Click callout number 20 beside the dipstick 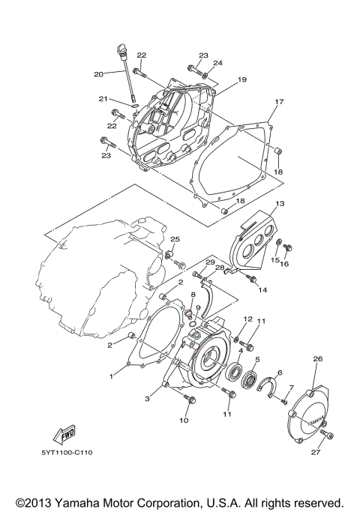pyautogui.click(x=98, y=73)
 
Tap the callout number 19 pyautogui.click(x=221, y=79)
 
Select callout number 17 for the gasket pyautogui.click(x=279, y=102)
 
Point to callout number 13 pyautogui.click(x=279, y=204)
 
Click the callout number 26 pyautogui.click(x=317, y=359)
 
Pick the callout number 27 pyautogui.click(x=316, y=451)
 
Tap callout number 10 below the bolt pyautogui.click(x=184, y=421)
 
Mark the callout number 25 pyautogui.click(x=174, y=239)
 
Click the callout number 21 pyautogui.click(x=103, y=99)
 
